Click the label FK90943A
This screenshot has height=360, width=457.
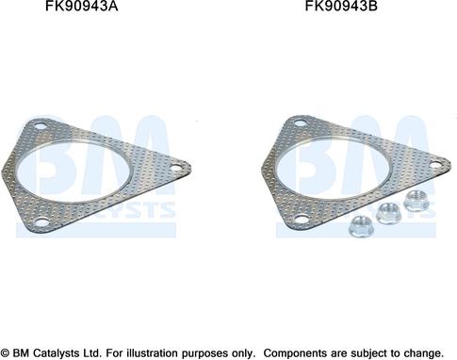[x=82, y=6]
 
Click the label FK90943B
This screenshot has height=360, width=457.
[x=341, y=6]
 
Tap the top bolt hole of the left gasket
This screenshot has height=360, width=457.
[x=41, y=127]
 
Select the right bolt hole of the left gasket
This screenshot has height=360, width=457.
[x=176, y=168]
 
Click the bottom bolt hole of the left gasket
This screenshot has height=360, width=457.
[x=41, y=222]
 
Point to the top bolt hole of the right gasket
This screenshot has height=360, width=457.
[x=301, y=123]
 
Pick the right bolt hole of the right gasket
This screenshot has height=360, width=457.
[x=436, y=164]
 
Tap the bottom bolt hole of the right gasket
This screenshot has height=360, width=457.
[x=302, y=219]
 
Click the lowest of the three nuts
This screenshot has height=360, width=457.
[x=361, y=226]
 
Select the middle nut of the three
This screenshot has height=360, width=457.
[x=388, y=213]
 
